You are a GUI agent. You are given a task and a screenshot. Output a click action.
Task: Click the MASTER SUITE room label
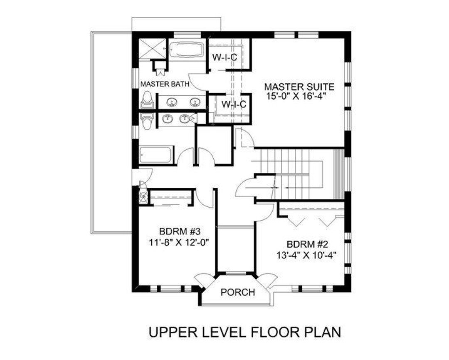[x=299, y=87]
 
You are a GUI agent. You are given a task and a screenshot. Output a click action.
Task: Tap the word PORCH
[x=237, y=292]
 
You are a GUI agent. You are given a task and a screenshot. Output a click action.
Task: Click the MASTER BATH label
[x=165, y=84]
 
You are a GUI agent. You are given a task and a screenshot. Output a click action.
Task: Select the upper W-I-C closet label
[x=224, y=57]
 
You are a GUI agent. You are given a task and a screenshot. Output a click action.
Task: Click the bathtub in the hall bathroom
[x=156, y=155]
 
